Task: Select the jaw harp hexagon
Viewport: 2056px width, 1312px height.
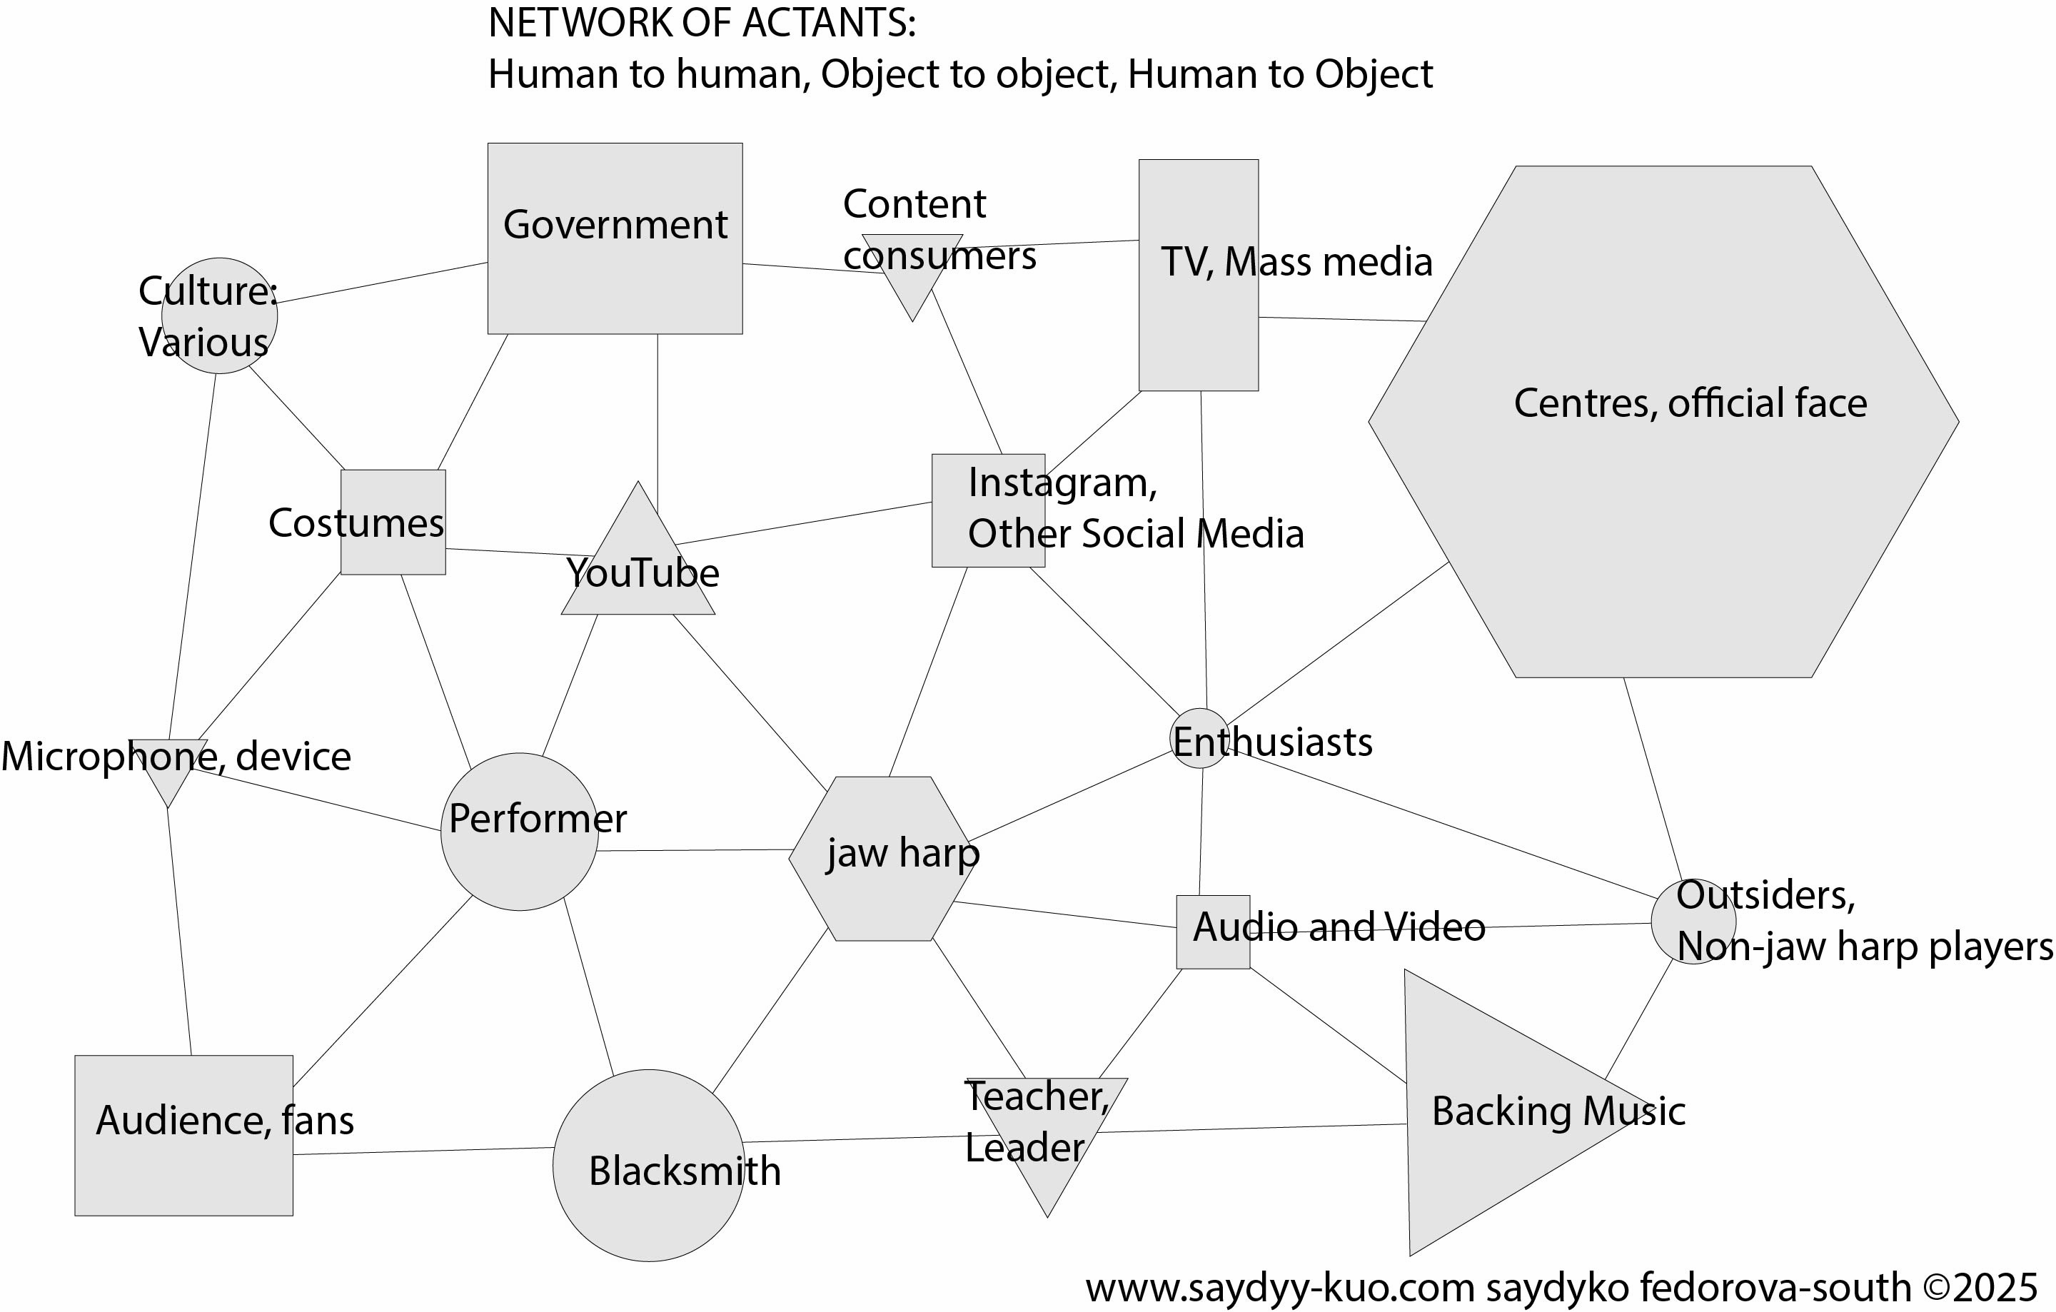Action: [880, 858]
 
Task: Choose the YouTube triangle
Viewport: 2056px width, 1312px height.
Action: [638, 567]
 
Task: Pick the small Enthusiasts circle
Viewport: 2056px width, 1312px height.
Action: [1199, 738]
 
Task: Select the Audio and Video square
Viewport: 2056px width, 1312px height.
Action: [1212, 932]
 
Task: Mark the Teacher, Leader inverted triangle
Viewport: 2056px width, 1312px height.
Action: [1047, 1127]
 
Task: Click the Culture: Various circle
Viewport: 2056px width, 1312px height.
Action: [219, 316]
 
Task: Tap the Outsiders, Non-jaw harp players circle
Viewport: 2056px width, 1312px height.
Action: [1693, 922]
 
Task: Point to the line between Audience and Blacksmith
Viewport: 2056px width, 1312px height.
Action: [423, 1151]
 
